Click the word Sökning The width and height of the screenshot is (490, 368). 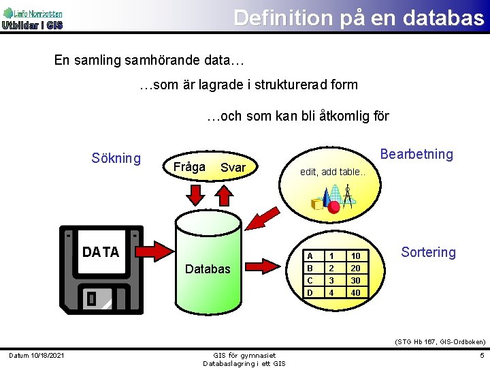116,159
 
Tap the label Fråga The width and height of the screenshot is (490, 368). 189,167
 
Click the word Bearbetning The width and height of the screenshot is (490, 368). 416,154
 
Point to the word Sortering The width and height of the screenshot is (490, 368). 428,252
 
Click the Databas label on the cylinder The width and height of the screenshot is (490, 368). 208,269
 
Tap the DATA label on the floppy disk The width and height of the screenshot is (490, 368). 100,252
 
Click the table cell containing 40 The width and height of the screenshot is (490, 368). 355,292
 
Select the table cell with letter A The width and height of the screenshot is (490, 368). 310,256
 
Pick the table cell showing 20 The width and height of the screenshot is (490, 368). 355,268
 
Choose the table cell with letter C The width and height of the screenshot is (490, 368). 310,280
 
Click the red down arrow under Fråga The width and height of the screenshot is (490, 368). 195,194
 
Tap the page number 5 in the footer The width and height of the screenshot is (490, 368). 480,355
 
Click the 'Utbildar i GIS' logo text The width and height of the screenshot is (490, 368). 32,25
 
